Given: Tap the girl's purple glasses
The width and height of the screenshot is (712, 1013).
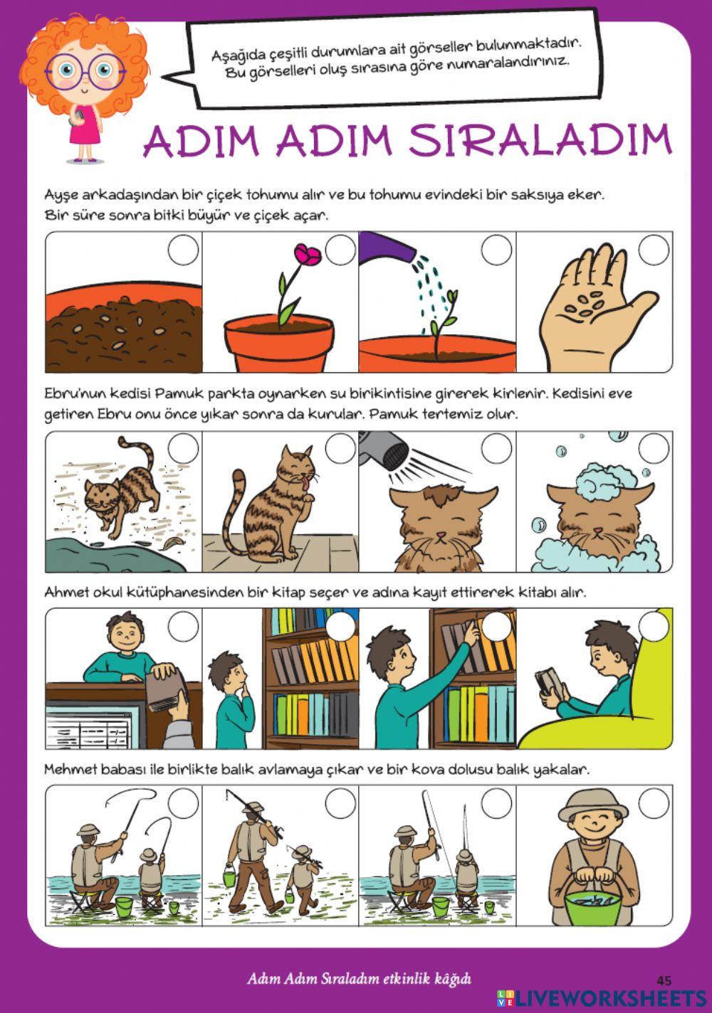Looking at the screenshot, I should coord(85,70).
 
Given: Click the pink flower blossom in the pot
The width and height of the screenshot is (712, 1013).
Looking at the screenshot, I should coord(309,255).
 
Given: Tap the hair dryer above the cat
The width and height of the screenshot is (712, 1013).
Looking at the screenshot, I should coord(380,449).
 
